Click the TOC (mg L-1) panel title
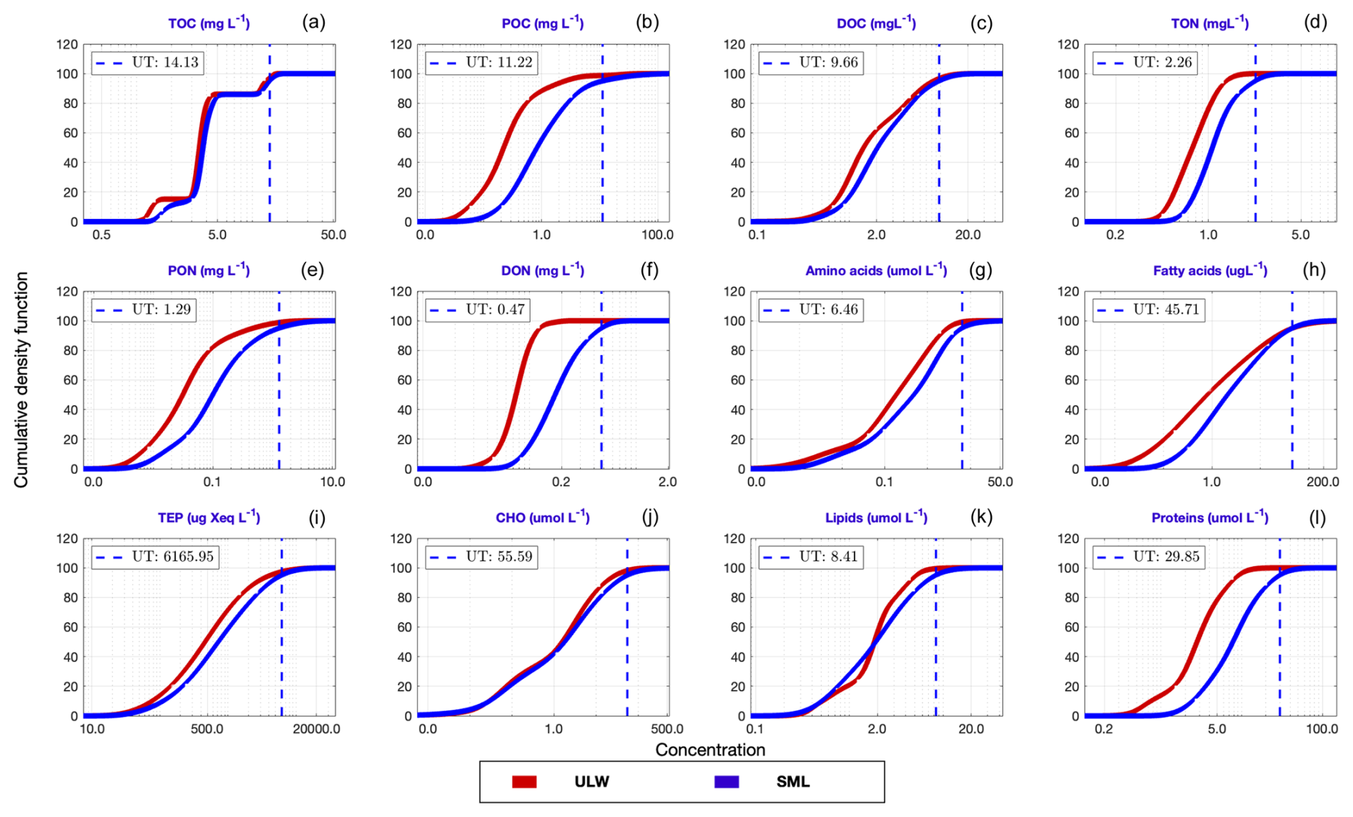[209, 24]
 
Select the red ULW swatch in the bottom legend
[524, 782]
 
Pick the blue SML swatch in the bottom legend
[727, 782]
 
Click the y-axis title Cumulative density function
[21, 380]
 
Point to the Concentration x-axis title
[710, 750]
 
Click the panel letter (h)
[1314, 270]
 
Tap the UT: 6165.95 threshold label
[155, 557]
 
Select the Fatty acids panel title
[1210, 270]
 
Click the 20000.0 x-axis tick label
[316, 729]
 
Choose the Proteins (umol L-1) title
[1210, 517]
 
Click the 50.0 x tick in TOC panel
[333, 235]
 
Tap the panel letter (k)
[981, 517]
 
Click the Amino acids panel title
[876, 270]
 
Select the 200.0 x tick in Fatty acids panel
[1322, 482]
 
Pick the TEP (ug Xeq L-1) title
[209, 517]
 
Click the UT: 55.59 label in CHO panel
[482, 557]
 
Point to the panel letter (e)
[313, 270]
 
